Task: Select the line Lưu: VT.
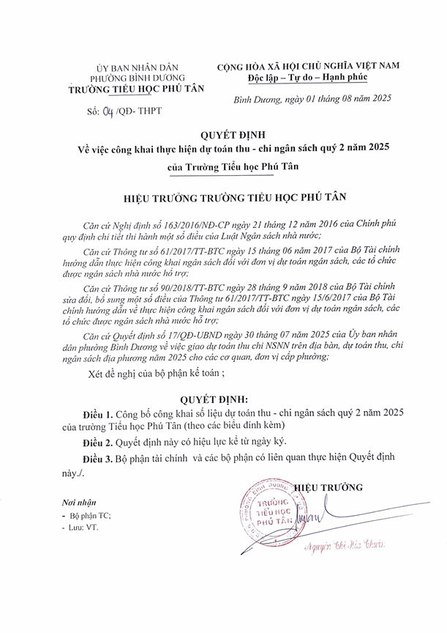click(x=85, y=527)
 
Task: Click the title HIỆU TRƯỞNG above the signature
click(x=328, y=487)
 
